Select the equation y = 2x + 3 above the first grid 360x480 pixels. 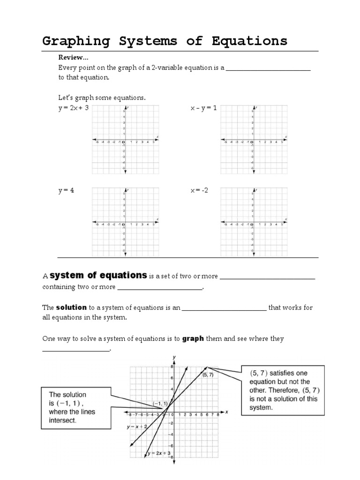click(x=73, y=108)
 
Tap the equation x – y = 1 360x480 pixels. click(x=203, y=108)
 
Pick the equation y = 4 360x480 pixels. click(x=66, y=190)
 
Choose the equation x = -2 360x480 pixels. click(x=199, y=190)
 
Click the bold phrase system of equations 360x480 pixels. click(x=98, y=275)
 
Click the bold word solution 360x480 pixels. click(x=71, y=307)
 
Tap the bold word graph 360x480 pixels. click(x=193, y=338)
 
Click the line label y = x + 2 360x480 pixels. click(x=137, y=427)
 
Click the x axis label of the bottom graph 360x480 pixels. click(x=226, y=412)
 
